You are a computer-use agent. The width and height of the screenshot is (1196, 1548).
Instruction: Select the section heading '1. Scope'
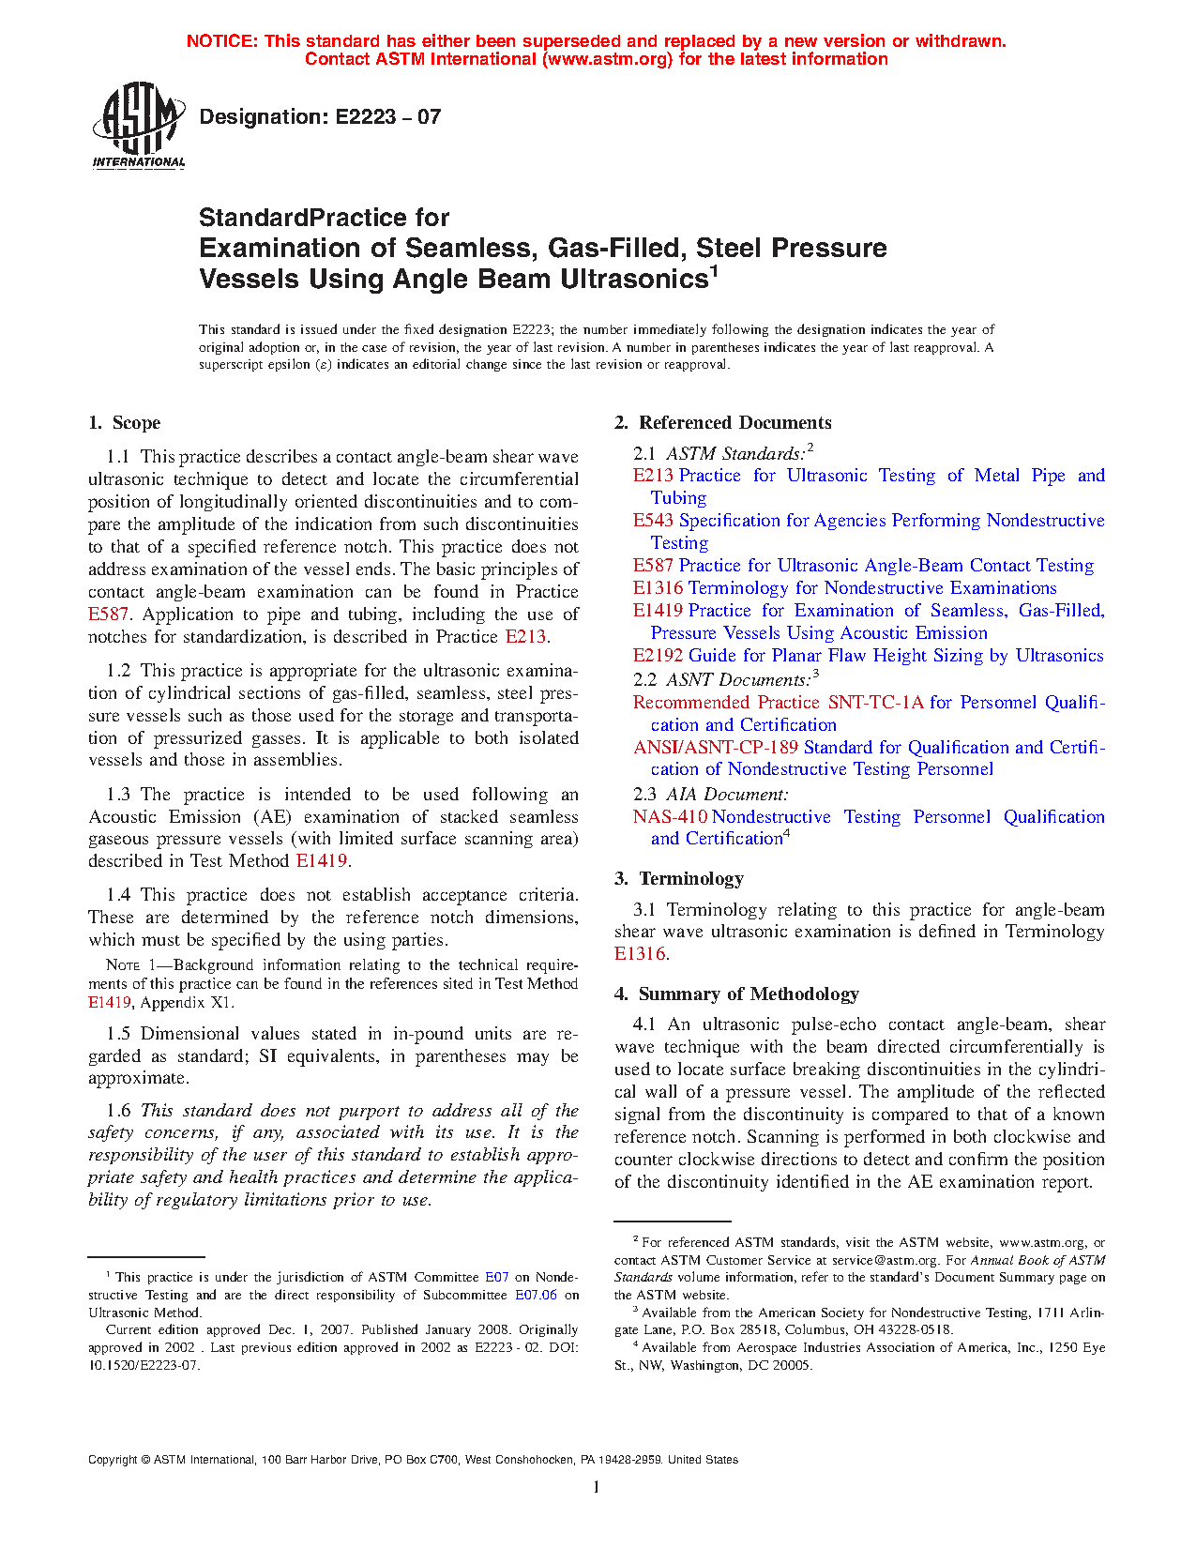pos(125,423)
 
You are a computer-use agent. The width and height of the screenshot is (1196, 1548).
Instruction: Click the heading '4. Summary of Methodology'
pos(736,994)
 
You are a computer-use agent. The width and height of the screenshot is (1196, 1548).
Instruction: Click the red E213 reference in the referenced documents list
pos(653,476)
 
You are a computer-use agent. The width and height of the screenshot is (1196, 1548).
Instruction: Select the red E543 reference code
pos(653,521)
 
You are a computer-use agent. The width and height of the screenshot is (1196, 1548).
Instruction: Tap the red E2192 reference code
pos(658,656)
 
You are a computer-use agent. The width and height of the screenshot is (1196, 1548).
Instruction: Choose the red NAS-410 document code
pos(670,817)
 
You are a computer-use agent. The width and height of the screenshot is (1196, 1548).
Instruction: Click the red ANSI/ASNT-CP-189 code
pos(716,748)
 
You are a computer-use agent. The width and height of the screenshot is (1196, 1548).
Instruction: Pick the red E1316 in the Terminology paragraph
pos(640,954)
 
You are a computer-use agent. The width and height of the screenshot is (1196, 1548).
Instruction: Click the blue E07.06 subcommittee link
pos(536,1296)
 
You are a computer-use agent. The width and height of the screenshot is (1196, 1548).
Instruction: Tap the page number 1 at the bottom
pos(597,1486)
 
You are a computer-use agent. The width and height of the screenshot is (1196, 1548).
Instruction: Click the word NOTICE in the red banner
pos(222,41)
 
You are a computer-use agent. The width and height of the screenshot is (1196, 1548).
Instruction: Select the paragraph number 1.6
pos(118,1111)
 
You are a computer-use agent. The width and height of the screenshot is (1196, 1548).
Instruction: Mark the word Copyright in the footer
pos(113,1460)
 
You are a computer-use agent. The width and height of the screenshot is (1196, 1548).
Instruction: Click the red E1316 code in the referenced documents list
pos(658,588)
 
